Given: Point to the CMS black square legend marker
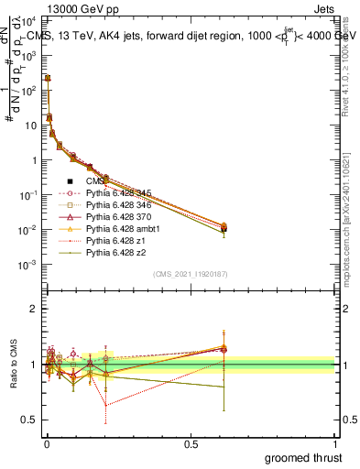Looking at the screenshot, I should [71, 181].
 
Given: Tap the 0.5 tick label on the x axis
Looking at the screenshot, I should [191, 443].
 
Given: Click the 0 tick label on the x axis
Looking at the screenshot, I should [46, 443].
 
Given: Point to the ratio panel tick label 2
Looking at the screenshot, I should [33, 309].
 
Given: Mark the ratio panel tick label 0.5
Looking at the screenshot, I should [29, 420].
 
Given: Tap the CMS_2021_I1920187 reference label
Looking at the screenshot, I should [190, 274].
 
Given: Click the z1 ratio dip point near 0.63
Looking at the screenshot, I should [105, 405].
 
